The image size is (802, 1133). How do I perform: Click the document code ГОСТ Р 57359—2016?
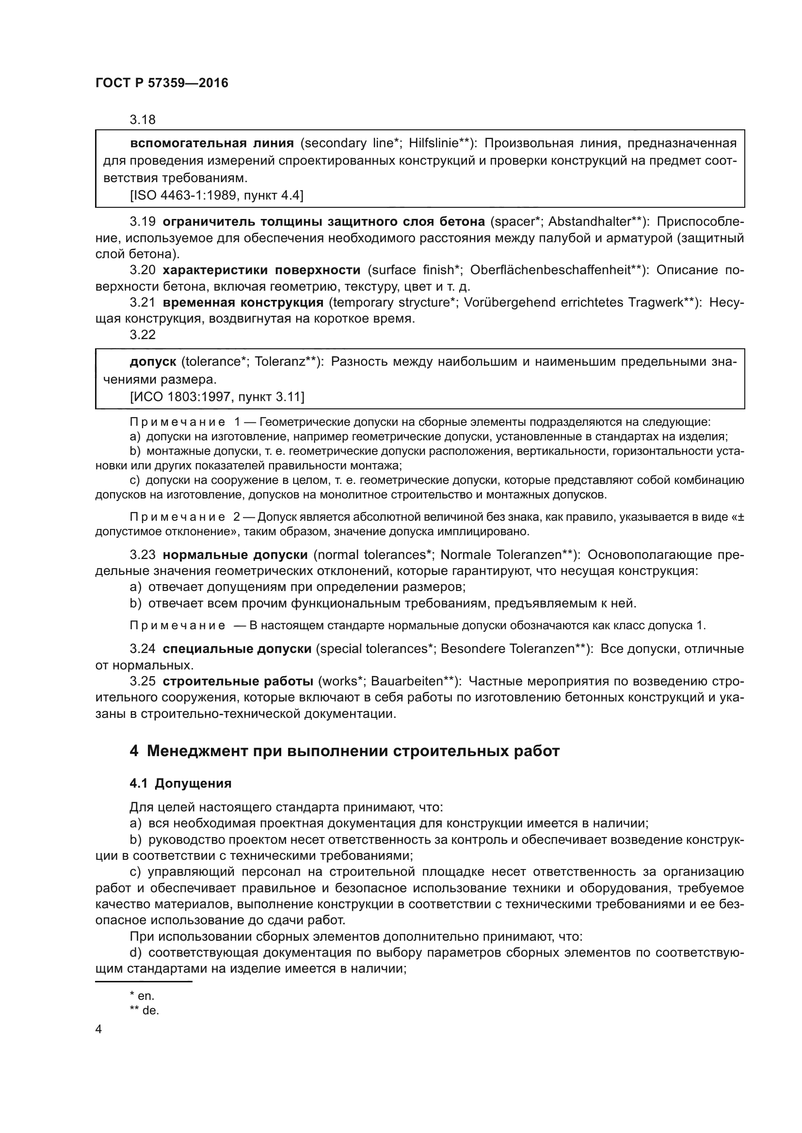(x=161, y=83)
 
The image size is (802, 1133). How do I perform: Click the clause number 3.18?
(x=142, y=120)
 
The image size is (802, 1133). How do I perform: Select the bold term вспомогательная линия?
(x=211, y=143)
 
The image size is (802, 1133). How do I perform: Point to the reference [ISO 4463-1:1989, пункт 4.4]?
(x=216, y=195)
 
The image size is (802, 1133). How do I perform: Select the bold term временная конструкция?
(x=243, y=302)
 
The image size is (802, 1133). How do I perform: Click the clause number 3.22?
(x=142, y=335)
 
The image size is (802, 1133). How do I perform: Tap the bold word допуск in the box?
(x=153, y=362)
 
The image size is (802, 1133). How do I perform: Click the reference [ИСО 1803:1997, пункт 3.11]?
(x=217, y=397)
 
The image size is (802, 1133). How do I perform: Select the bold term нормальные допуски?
(x=235, y=555)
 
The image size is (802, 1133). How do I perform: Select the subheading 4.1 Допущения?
(x=180, y=783)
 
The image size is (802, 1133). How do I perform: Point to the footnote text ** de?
(x=144, y=1010)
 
